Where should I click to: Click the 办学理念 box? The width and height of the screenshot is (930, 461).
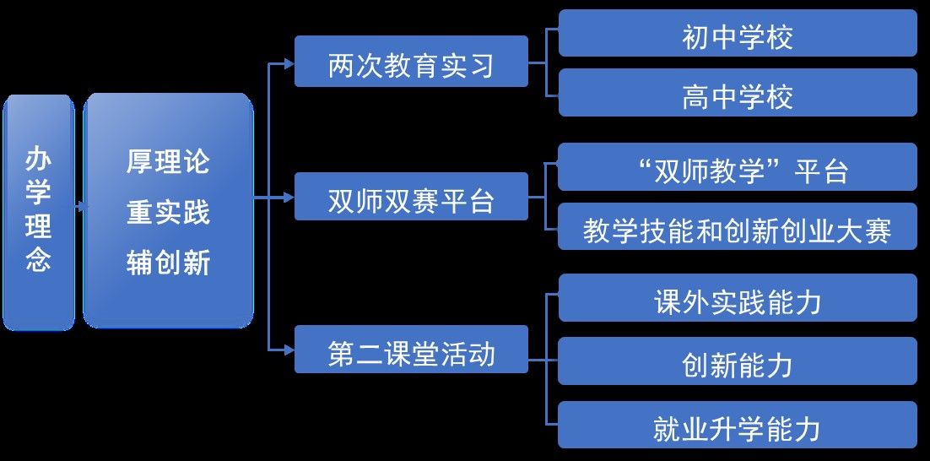tap(39, 211)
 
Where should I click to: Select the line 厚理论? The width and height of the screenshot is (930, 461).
tap(168, 161)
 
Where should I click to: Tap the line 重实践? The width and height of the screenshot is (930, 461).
tap(168, 212)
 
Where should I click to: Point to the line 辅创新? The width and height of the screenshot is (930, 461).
tap(168, 263)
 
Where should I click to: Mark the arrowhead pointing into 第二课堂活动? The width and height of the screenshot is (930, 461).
tap(289, 349)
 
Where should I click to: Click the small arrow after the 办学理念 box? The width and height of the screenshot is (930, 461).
tap(79, 205)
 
